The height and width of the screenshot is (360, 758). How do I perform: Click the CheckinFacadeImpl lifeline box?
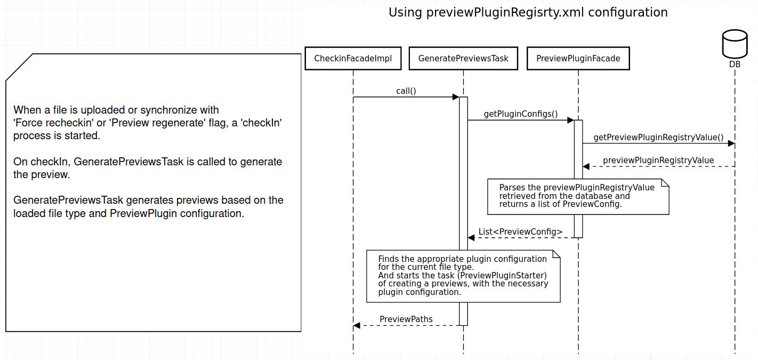352,59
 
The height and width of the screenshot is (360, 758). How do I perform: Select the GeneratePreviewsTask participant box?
463,59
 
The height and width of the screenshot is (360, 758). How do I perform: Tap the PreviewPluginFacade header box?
578,59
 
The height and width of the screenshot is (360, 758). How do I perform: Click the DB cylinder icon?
735,44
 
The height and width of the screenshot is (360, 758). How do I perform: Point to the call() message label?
406,91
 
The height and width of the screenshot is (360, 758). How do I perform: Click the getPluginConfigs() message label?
520,114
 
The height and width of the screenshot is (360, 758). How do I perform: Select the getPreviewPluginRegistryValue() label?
658,138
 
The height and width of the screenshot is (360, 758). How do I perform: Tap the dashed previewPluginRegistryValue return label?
658,161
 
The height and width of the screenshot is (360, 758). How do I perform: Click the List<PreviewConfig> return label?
520,232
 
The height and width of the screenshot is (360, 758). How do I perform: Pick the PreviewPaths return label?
406,319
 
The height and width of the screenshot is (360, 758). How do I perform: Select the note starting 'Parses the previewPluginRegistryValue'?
578,196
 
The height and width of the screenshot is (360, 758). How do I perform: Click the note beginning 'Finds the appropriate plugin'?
463,276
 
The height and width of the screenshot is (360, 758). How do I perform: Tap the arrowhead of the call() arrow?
456,97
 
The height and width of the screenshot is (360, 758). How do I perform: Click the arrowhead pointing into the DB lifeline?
731,143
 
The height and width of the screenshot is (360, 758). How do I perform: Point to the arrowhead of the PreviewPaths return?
357,325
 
